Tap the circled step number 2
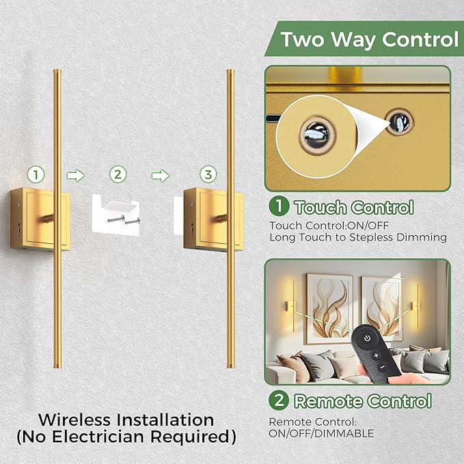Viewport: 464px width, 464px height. point(118,174)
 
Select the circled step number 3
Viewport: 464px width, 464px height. point(207,174)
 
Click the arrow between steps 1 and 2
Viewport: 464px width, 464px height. point(75,175)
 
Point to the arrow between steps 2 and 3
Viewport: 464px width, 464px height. point(161,175)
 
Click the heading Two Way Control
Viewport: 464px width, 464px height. point(369,39)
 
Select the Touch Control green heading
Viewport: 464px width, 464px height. point(353,208)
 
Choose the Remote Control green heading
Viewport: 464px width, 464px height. point(362,401)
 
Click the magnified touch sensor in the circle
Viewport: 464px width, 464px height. point(316,128)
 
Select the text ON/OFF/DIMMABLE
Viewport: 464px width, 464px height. point(321,433)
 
